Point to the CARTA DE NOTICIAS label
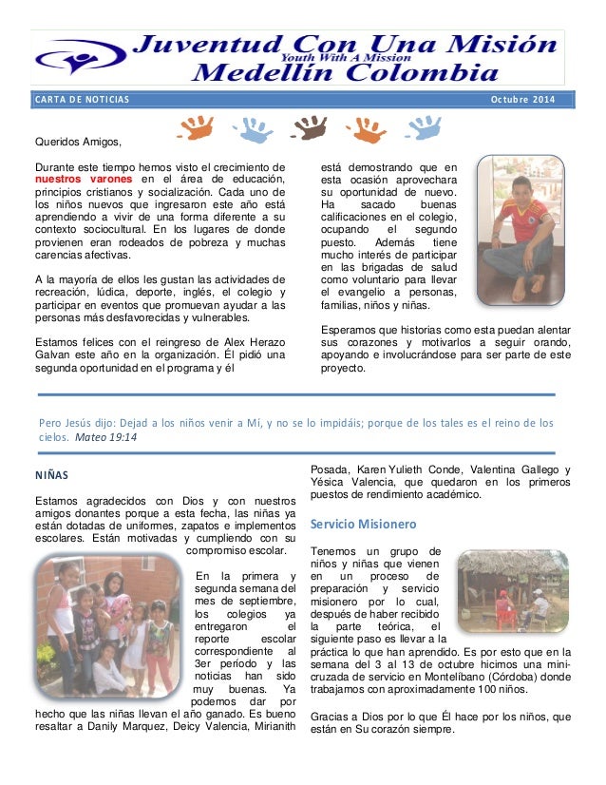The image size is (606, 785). coord(80,100)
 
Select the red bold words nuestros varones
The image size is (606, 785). coord(84,178)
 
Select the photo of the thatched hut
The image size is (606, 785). coord(513,591)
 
